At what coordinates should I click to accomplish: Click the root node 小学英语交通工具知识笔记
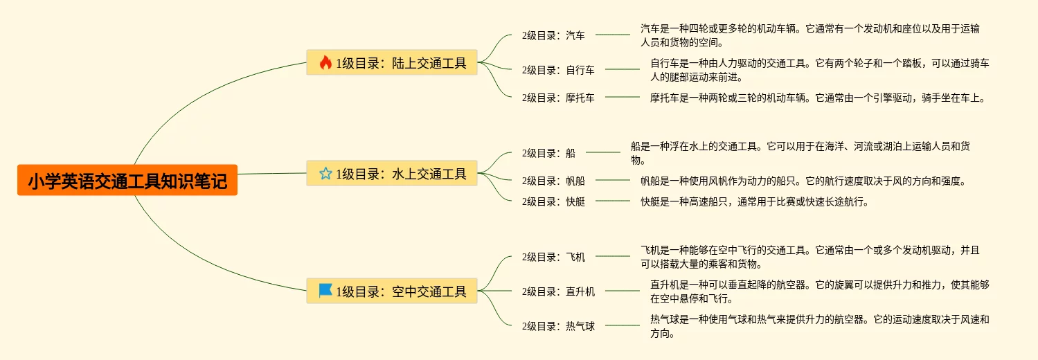127,181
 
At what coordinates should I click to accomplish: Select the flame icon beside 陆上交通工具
325,63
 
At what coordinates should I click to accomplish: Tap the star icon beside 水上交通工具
325,173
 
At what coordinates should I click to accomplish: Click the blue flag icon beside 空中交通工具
325,291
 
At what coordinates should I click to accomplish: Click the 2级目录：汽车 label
553,35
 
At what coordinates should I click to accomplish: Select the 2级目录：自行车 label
558,69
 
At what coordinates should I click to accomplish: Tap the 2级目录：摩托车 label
558,98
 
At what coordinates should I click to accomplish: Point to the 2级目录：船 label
548,153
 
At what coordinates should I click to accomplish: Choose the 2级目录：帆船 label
553,181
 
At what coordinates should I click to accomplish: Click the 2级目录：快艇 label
553,201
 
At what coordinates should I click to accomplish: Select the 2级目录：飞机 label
553,257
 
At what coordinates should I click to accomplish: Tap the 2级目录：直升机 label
558,291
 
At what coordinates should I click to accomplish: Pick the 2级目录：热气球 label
558,326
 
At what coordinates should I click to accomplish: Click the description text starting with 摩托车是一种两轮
817,98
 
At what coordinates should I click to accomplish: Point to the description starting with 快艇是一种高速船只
754,201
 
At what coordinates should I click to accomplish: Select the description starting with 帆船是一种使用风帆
803,181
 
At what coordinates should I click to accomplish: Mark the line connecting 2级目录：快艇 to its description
613,201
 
